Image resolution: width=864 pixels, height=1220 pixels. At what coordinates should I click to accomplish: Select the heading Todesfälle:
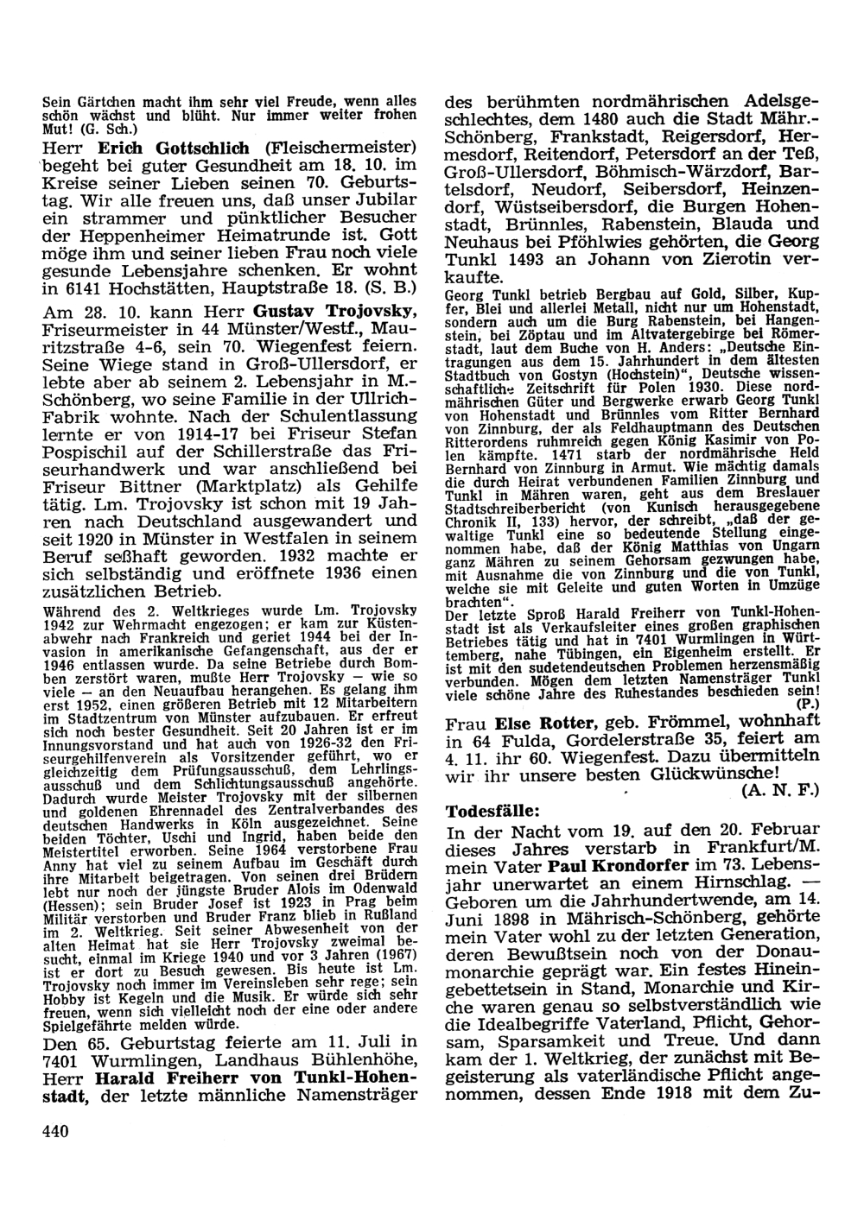pyautogui.click(x=493, y=812)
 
